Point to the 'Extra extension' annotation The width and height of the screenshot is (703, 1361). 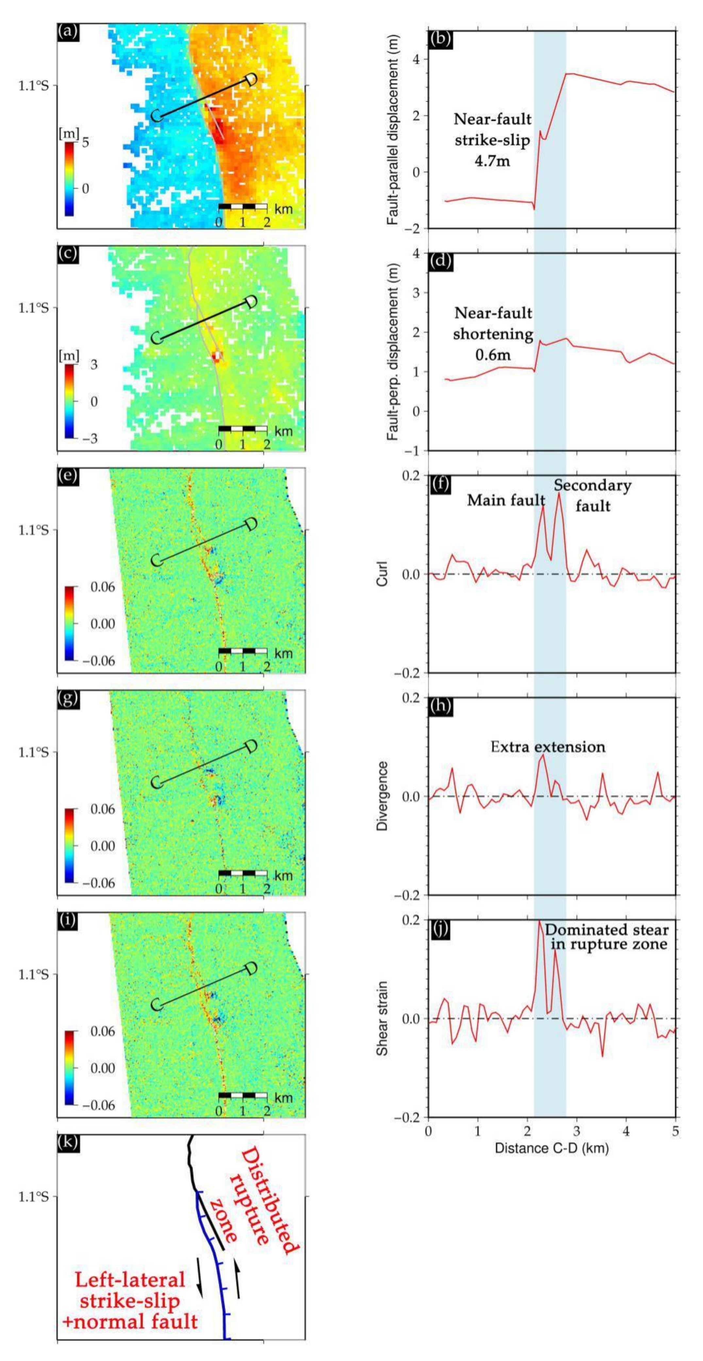[548, 747]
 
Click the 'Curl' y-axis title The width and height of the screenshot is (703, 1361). [382, 574]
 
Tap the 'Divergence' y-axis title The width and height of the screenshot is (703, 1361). [382, 796]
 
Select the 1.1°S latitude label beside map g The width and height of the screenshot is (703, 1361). [34, 752]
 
